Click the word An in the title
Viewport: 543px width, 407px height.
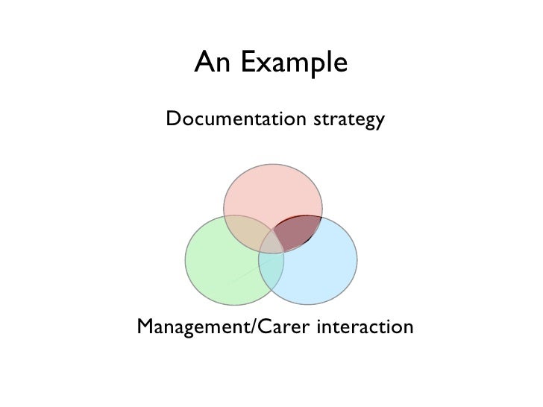[x=210, y=66]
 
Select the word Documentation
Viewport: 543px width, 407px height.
[x=226, y=119]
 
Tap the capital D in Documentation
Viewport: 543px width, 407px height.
[x=173, y=119]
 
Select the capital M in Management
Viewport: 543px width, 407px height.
[x=144, y=326]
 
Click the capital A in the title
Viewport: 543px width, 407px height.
[x=204, y=66]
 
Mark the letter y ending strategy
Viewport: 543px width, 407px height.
[x=379, y=122]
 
